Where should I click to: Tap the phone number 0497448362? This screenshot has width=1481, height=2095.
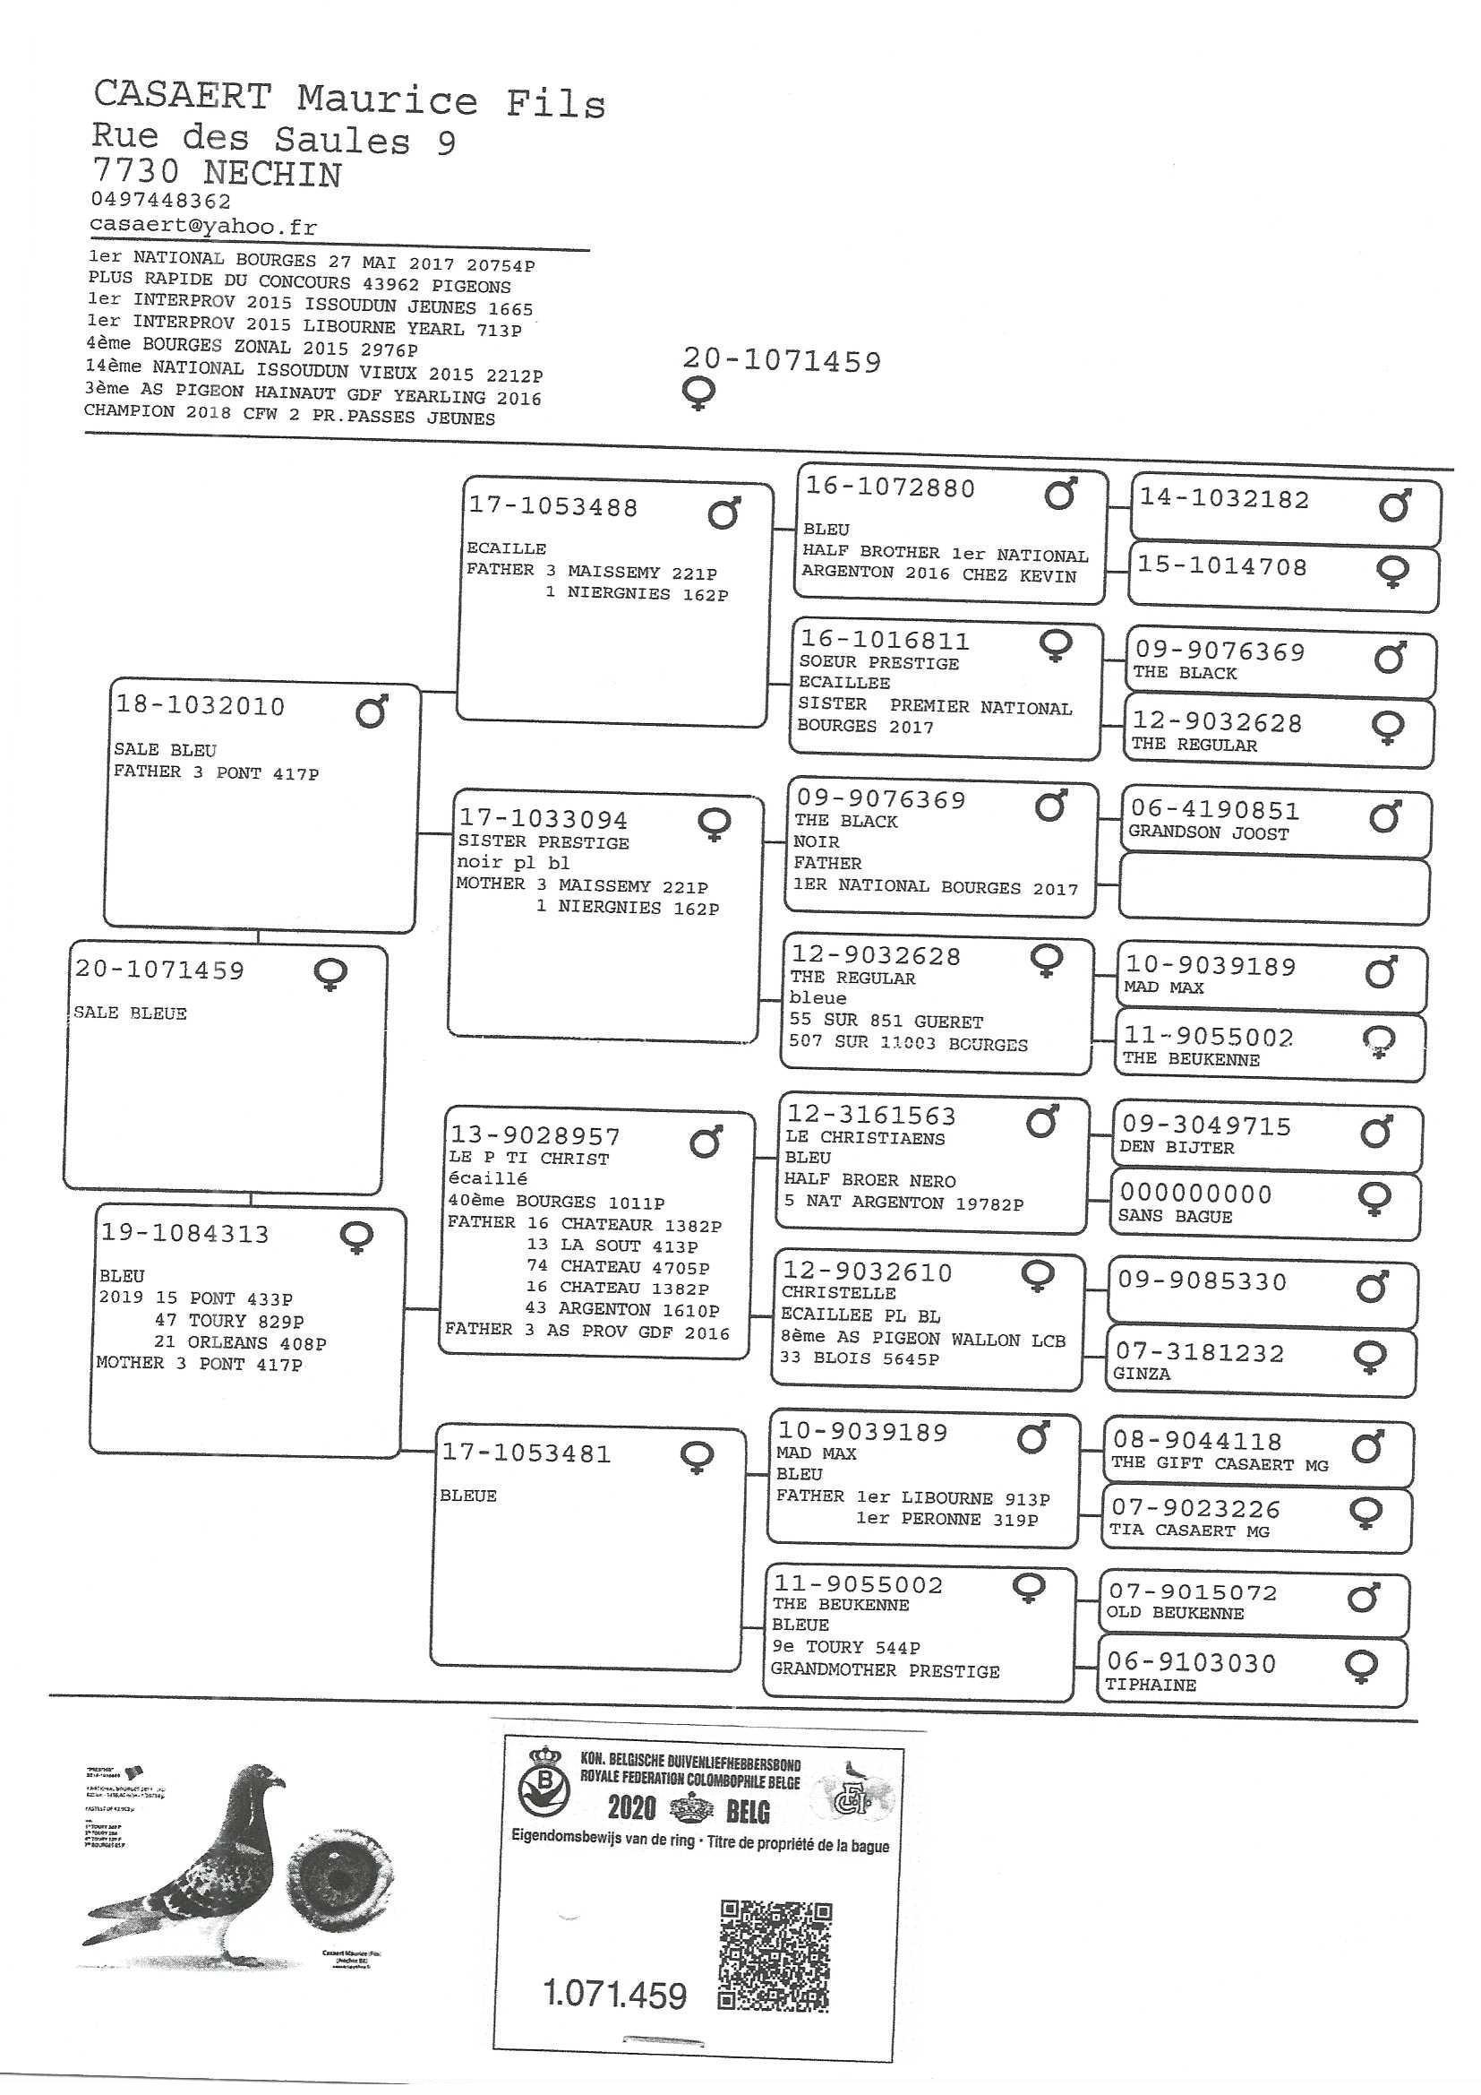(x=160, y=200)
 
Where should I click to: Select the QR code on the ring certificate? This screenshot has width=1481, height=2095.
(x=775, y=1955)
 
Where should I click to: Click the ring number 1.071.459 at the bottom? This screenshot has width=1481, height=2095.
(x=614, y=1995)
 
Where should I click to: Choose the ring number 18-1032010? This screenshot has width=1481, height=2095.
(x=200, y=705)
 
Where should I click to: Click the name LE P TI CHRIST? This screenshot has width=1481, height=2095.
(x=528, y=1159)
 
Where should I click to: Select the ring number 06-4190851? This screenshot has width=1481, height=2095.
(x=1214, y=809)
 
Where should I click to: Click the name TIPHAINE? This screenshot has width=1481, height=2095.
(x=1150, y=1685)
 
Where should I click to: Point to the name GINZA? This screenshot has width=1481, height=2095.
(x=1141, y=1374)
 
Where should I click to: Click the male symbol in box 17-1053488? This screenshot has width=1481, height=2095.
(x=724, y=513)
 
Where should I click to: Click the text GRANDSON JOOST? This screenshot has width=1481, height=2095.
(x=1208, y=833)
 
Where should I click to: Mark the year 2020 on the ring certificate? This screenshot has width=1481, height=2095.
(x=631, y=1806)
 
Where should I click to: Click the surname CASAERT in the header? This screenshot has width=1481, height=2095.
(x=183, y=96)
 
